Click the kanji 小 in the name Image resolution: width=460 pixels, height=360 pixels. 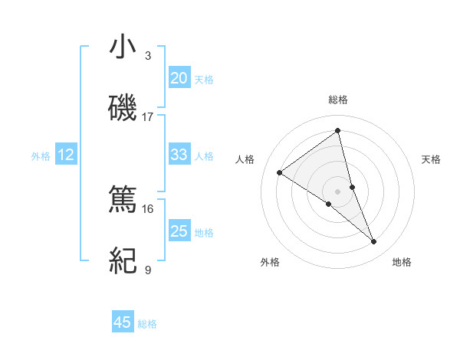click(x=123, y=48)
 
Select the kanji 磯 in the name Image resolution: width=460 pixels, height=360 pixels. click(x=123, y=109)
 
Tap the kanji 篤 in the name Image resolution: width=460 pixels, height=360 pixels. click(x=123, y=199)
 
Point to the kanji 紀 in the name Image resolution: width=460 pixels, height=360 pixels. click(x=123, y=260)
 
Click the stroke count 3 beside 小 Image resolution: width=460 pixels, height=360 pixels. click(x=148, y=56)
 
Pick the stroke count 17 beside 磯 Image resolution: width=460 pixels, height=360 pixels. click(x=148, y=117)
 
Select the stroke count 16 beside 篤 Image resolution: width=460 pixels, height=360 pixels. click(x=148, y=208)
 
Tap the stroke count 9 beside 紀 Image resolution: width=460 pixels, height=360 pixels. click(x=148, y=270)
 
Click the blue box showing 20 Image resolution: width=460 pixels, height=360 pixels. click(x=179, y=78)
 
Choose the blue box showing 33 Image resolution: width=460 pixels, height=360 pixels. click(x=179, y=155)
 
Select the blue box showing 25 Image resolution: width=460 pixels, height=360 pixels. click(x=179, y=231)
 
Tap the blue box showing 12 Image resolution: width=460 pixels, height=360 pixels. click(x=65, y=155)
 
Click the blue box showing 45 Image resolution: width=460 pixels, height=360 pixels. click(x=123, y=322)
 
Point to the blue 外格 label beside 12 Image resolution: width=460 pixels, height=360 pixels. click(x=41, y=156)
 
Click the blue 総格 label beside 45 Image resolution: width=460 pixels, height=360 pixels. click(x=147, y=324)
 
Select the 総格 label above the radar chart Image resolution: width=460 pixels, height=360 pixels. click(x=337, y=100)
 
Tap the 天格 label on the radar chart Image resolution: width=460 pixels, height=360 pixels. click(x=432, y=159)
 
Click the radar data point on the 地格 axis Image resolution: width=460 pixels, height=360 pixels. click(x=374, y=242)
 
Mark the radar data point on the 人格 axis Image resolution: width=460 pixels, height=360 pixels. click(x=280, y=173)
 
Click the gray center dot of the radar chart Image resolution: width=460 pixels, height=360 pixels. click(x=337, y=191)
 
